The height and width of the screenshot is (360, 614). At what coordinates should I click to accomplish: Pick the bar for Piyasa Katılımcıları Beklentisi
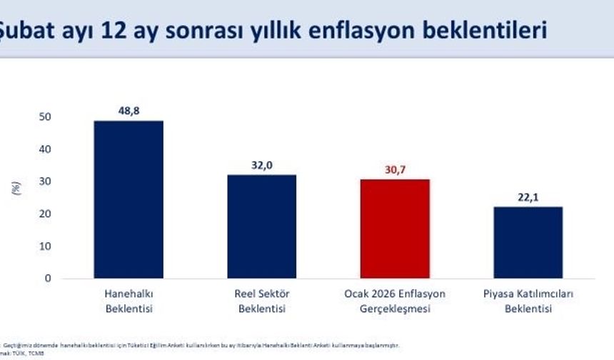pos(528,242)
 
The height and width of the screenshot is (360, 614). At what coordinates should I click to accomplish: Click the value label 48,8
pos(129,111)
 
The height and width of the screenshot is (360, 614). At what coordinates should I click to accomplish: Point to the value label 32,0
pos(262,166)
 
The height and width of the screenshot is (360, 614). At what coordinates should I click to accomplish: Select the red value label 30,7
pos(395,170)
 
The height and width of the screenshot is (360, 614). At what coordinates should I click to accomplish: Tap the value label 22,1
pos(528,198)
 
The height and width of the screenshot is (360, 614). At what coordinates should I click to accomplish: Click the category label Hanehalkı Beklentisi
pos(129,301)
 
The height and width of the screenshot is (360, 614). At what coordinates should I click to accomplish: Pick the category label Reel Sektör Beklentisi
pos(261,301)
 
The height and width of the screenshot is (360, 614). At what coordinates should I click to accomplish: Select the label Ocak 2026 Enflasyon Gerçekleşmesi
pos(395,301)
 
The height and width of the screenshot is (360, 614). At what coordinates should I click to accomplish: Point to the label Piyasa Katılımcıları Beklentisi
pos(528,301)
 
